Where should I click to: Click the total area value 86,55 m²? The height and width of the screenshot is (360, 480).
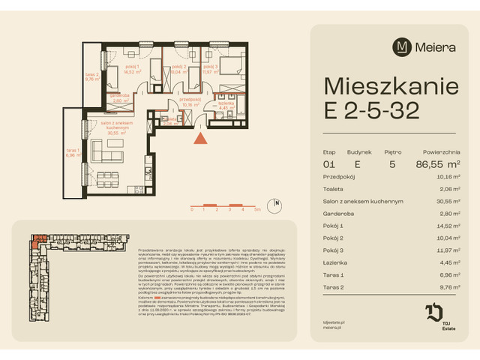[437, 163]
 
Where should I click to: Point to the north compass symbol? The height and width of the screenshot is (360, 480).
[277, 202]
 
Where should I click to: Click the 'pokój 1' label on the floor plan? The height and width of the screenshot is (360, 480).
[114, 67]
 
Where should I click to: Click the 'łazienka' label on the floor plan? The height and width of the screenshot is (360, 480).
[223, 103]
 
